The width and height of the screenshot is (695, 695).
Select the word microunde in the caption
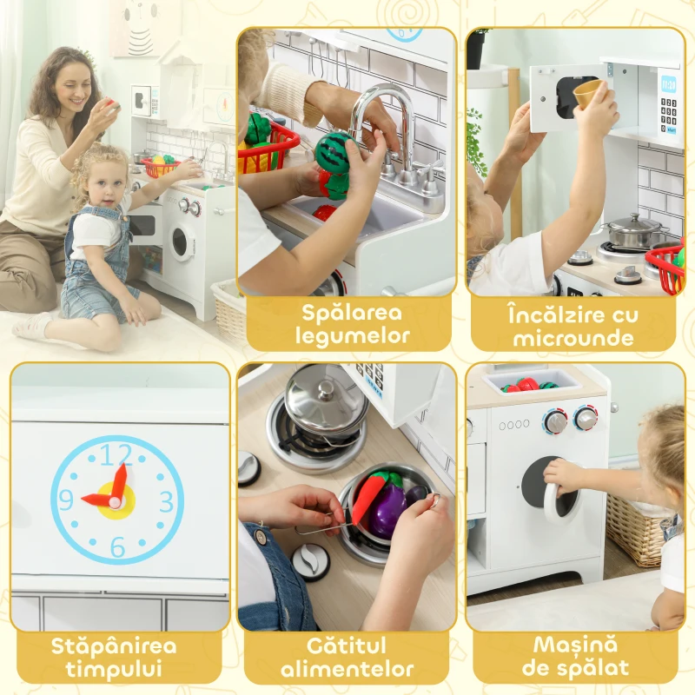click(574, 336)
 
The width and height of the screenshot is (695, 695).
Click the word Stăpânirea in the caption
click(114, 646)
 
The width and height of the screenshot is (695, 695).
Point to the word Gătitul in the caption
click(347, 646)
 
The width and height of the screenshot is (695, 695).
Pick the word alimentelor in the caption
click(347, 670)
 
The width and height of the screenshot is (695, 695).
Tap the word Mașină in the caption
click(574, 646)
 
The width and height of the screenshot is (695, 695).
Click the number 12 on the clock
click(116, 454)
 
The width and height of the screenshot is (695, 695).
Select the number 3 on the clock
click(166, 501)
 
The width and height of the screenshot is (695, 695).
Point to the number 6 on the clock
click(117, 547)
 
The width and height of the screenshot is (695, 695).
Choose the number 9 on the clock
click(66, 501)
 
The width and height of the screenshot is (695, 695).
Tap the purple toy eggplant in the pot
click(387, 510)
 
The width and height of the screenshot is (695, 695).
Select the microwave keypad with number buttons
click(668, 114)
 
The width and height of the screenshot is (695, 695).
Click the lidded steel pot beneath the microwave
click(633, 230)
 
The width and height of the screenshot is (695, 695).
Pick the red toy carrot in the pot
click(366, 497)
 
